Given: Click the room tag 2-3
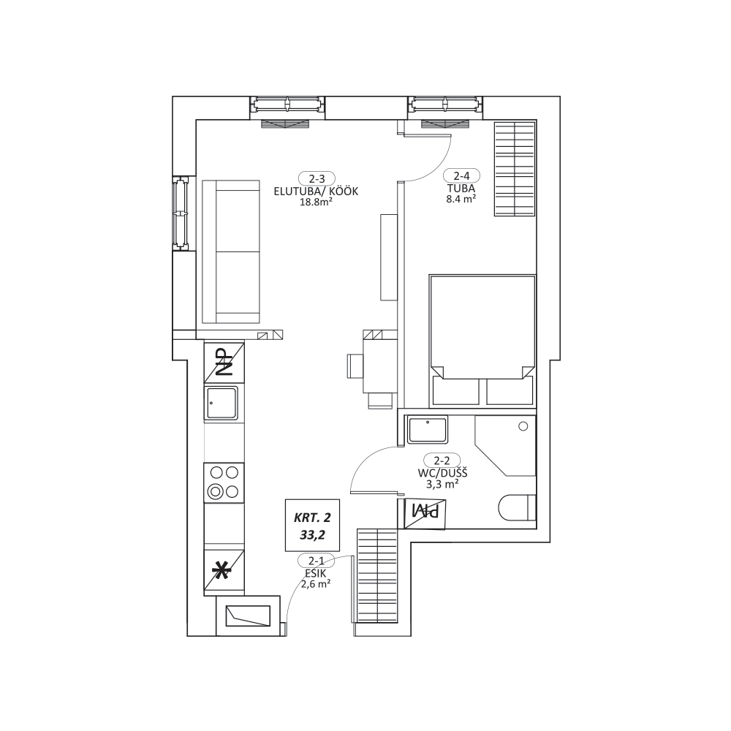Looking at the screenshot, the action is point(317,178).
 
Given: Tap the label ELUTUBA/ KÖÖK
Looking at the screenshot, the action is point(316,192).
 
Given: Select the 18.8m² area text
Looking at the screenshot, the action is point(316,202).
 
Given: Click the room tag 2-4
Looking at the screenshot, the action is point(461,175).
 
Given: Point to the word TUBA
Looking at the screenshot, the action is point(461,189).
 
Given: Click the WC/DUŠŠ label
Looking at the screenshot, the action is point(442,473).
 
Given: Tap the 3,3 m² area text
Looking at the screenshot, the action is point(442,484).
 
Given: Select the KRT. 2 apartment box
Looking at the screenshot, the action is point(312,526).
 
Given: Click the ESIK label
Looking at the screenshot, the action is point(316,574).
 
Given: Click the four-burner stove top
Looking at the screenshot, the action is point(224,482).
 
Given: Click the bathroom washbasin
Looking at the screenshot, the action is point(428,430).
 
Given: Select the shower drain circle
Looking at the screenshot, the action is point(523,426).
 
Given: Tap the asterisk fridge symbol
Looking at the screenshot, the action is point(224,571).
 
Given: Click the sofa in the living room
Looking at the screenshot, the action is point(231,251).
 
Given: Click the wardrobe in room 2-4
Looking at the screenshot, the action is point(515,169).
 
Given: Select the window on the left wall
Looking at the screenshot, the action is point(181,213).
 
